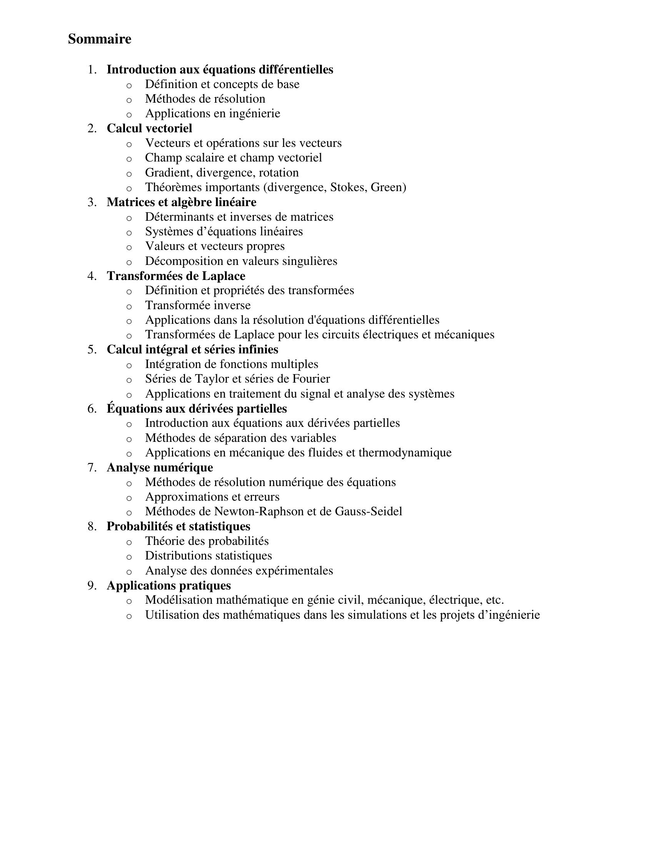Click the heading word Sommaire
(x=100, y=39)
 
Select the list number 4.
(x=91, y=276)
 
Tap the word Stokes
(x=348, y=187)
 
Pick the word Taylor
(x=217, y=378)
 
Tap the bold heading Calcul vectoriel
(x=149, y=128)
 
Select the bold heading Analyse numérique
(x=160, y=468)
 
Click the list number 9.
(x=91, y=585)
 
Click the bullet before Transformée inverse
(x=129, y=306)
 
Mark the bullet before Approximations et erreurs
(x=129, y=498)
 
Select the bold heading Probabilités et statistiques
(x=178, y=526)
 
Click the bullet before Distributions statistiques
(x=129, y=557)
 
